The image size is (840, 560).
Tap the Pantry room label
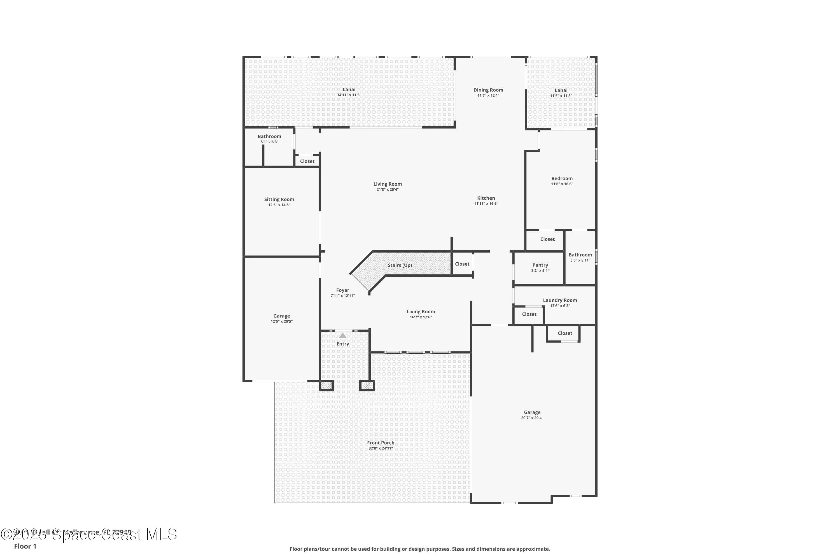point(540,265)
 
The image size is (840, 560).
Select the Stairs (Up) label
point(400,265)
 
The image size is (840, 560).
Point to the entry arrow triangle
point(342,336)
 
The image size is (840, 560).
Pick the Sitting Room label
point(279,199)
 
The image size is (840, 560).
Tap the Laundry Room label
point(560,300)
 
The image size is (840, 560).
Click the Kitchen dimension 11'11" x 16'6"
point(486,204)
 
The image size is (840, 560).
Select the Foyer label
point(342,290)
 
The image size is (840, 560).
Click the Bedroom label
point(562,179)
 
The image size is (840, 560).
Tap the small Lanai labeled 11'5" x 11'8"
point(561,90)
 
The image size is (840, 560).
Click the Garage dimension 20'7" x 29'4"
point(532,418)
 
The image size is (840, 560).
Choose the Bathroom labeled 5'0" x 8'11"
point(580,255)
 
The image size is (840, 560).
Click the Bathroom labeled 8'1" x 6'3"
point(269,136)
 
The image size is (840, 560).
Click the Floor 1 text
point(25,546)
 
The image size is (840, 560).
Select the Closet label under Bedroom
point(547,239)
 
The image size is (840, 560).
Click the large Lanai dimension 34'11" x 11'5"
point(349,95)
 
